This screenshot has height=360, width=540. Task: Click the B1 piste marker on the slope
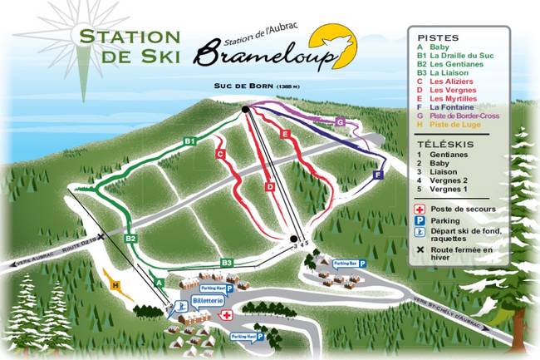(189, 142)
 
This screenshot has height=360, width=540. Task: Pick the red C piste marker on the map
(220, 154)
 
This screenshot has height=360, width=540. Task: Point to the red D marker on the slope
(270, 187)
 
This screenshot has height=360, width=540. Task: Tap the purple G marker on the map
(340, 122)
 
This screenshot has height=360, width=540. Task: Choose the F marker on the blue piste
(377, 176)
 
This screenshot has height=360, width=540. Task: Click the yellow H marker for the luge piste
(115, 285)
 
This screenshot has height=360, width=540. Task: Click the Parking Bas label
(345, 263)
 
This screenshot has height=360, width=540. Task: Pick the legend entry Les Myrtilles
(457, 97)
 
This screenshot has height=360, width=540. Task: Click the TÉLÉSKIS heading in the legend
(439, 143)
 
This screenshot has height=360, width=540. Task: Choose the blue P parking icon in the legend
(421, 221)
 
